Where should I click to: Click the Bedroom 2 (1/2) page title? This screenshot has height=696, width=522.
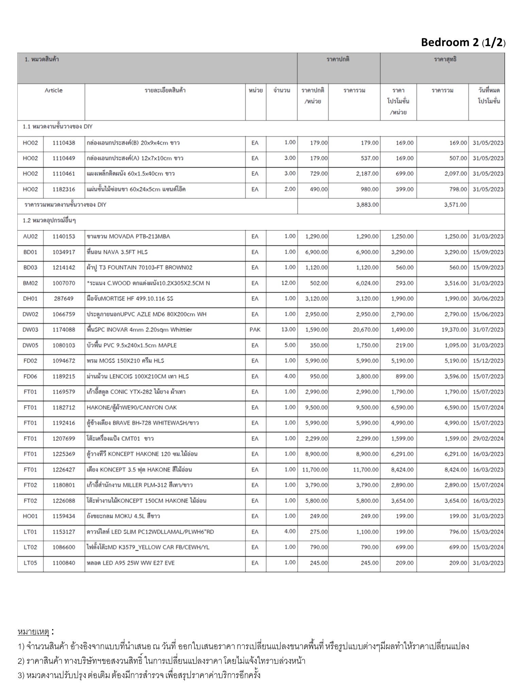[463, 42]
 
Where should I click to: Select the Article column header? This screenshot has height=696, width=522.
[53, 90]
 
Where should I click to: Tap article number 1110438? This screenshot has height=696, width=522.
[64, 143]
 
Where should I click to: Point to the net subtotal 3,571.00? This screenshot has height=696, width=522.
[455, 205]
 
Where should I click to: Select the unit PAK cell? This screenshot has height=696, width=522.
[255, 330]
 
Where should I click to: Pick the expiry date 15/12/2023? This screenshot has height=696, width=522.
[488, 361]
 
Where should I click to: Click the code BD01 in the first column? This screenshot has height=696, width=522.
[30, 252]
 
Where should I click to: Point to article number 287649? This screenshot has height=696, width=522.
[64, 299]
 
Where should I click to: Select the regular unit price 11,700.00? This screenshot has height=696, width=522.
[315, 470]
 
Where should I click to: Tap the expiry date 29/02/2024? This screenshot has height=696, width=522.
[488, 439]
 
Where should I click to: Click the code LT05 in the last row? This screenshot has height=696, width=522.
[30, 563]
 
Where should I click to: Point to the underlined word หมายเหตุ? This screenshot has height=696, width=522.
[33, 632]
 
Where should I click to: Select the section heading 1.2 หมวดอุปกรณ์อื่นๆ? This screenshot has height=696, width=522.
[49, 221]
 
